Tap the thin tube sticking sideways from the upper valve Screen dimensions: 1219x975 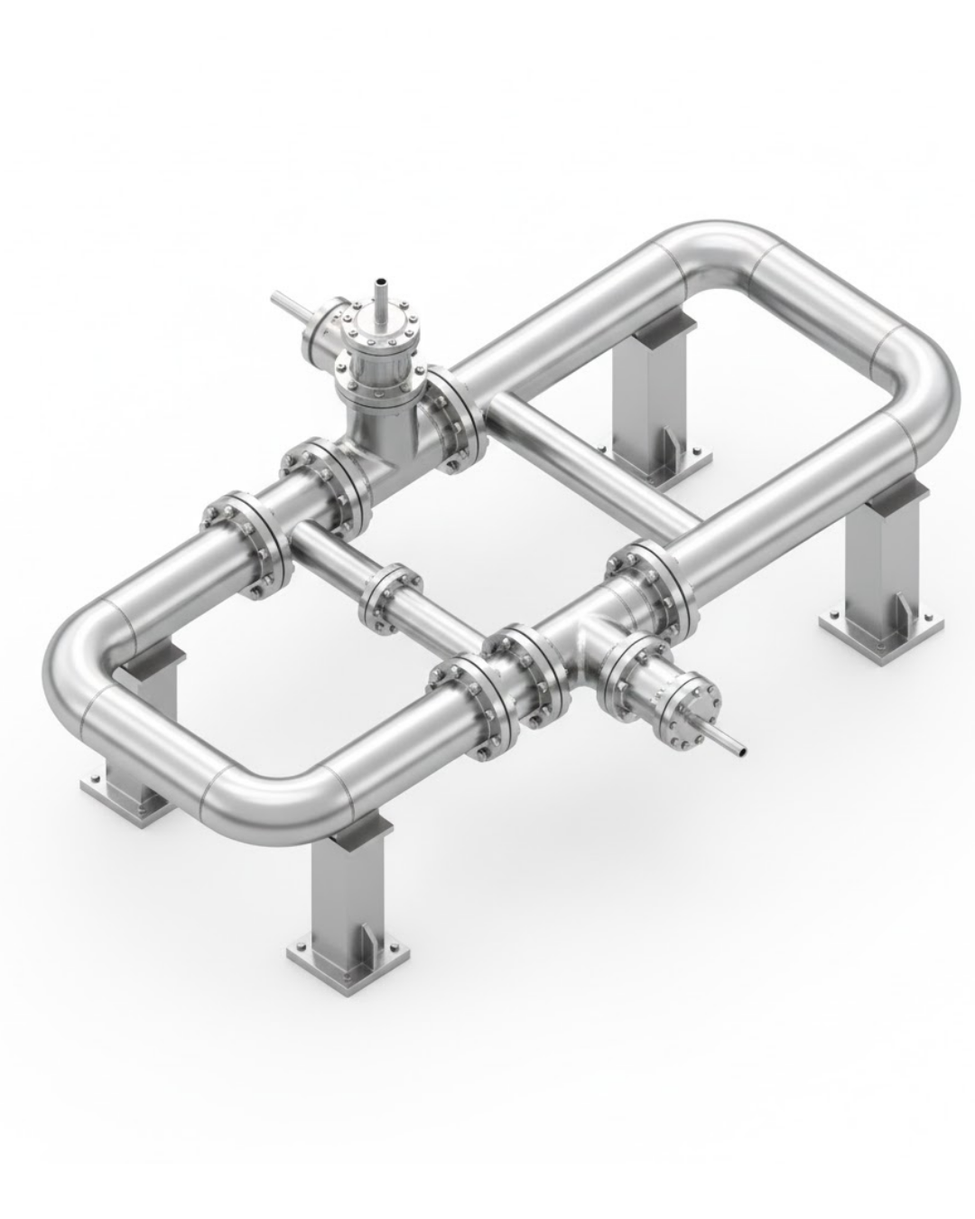292,304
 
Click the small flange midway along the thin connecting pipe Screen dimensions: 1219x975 390,600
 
